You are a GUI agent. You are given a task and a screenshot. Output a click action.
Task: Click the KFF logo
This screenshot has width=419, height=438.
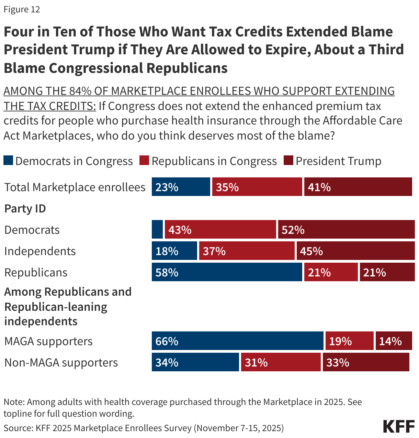(x=399, y=426)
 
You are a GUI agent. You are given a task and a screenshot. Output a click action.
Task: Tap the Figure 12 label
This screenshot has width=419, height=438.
(x=22, y=9)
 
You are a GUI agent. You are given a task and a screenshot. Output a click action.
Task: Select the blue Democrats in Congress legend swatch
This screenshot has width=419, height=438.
(x=8, y=161)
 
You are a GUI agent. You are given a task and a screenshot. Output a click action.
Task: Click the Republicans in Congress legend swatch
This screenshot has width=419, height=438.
(x=144, y=161)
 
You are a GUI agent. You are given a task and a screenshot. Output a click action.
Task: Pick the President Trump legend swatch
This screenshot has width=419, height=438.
(x=288, y=161)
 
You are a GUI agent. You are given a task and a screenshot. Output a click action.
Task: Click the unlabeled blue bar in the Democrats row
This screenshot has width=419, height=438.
(x=157, y=230)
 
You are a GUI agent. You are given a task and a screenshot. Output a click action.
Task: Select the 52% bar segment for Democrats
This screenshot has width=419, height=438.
(x=346, y=230)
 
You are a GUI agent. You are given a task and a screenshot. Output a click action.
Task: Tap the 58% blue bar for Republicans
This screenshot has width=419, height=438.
(x=227, y=272)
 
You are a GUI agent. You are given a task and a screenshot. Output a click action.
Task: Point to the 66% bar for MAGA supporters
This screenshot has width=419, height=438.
(x=237, y=341)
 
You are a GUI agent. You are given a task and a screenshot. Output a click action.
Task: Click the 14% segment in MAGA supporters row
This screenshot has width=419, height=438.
(x=394, y=341)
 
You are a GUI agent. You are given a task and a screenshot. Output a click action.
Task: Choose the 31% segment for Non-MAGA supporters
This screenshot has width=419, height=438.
(x=281, y=362)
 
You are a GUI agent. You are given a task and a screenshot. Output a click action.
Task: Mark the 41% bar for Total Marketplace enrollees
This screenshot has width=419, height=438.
(x=358, y=187)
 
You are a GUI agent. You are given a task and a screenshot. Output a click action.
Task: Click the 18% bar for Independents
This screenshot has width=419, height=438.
(x=174, y=251)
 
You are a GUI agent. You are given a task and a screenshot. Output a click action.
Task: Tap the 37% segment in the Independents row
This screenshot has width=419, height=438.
(x=247, y=251)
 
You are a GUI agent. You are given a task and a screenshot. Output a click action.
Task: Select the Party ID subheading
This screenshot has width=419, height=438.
(x=25, y=209)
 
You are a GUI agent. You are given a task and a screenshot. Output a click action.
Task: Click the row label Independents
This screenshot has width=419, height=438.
(x=40, y=251)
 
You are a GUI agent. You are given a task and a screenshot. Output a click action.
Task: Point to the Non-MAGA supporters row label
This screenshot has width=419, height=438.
(x=61, y=363)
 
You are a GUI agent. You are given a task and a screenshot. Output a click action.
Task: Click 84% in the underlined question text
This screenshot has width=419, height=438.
(x=80, y=91)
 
